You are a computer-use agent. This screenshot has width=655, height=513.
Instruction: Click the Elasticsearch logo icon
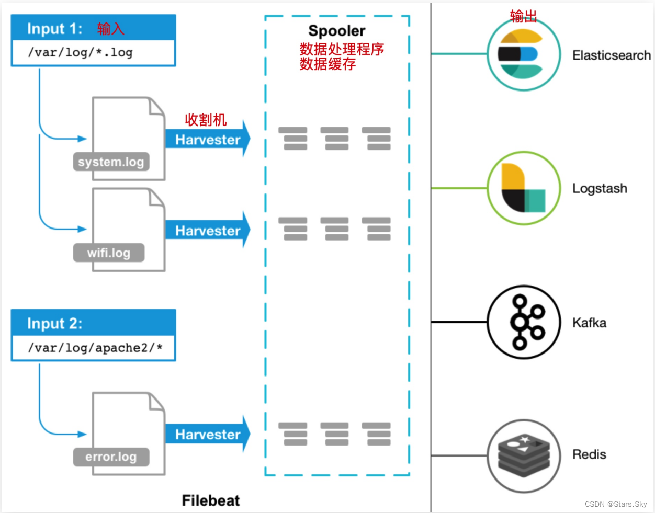pyautogui.click(x=524, y=54)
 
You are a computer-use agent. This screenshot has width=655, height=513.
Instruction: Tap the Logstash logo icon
pyautogui.click(x=524, y=188)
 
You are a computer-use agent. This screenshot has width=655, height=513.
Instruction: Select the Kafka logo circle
pyautogui.click(x=524, y=322)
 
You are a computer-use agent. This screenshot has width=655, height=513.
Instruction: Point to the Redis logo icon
pyautogui.click(x=524, y=455)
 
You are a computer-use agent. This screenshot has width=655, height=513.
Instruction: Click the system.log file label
pyautogui.click(x=111, y=162)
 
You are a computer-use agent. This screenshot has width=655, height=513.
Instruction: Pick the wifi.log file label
pyautogui.click(x=109, y=253)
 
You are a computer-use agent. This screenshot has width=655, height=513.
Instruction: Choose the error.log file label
pyautogui.click(x=111, y=457)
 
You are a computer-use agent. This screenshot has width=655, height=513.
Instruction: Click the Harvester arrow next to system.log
pyautogui.click(x=208, y=140)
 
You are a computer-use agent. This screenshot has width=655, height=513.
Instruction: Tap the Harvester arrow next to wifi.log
pyautogui.click(x=208, y=231)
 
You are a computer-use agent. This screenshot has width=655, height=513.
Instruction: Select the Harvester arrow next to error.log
pyautogui.click(x=208, y=435)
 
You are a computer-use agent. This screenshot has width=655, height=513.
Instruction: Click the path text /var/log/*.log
pyautogui.click(x=80, y=53)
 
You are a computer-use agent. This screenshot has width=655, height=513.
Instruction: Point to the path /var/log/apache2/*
pyautogui.click(x=95, y=348)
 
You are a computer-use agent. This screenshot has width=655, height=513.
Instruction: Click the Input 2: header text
pyautogui.click(x=55, y=324)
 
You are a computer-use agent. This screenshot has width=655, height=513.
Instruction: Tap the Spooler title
pyautogui.click(x=336, y=31)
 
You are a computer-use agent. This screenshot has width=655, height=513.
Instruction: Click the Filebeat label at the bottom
pyautogui.click(x=211, y=500)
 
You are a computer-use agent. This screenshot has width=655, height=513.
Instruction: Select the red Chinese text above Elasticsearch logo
pyautogui.click(x=523, y=16)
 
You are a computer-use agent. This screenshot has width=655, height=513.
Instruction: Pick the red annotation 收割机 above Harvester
pyautogui.click(x=206, y=120)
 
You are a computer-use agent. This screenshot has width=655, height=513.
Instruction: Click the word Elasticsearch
pyautogui.click(x=611, y=55)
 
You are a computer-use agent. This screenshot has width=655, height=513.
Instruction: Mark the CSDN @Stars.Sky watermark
pyautogui.click(x=616, y=504)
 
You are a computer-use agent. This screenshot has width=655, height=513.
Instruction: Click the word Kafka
pyautogui.click(x=589, y=323)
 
